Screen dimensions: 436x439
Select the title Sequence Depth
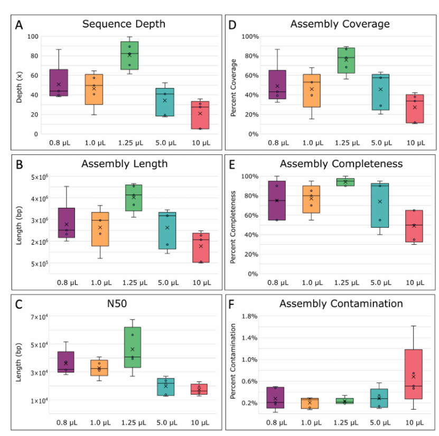[124, 24]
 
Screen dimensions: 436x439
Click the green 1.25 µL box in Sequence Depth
[129, 55]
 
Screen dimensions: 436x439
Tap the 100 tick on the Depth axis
[33, 36]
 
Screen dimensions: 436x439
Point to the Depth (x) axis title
[20, 85]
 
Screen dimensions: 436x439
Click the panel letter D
[233, 25]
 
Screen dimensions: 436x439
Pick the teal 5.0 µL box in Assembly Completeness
[379, 205]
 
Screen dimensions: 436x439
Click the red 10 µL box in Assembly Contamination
[414, 374]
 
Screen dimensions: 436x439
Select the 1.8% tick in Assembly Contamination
[250, 316]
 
